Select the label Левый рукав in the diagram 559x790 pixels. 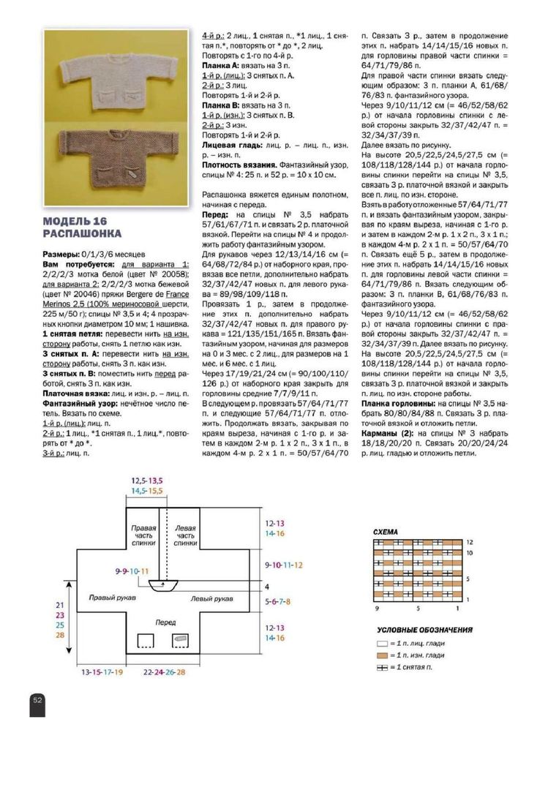point(212,598)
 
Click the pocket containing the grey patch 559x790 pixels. point(179,641)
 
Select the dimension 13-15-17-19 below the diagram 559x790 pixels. point(102,671)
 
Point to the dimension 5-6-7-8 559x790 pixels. point(277,601)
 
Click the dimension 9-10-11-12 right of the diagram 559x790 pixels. point(283,565)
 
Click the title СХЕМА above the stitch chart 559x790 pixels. point(386,533)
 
